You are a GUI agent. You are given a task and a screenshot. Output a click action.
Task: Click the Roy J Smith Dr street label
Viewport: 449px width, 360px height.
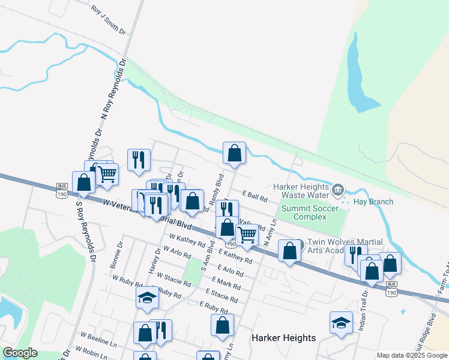click(x=109, y=20)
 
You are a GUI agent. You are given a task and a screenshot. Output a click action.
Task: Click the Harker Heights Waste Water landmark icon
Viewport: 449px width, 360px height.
click(x=338, y=190)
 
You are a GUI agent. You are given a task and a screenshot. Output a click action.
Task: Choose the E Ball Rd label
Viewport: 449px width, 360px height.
click(x=255, y=196)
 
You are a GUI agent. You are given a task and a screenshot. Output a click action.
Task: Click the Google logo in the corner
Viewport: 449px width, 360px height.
click(x=20, y=353)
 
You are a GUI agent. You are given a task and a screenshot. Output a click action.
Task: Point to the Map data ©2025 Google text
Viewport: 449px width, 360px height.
click(x=412, y=355)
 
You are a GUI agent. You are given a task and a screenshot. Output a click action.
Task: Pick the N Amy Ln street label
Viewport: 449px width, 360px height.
click(x=270, y=231)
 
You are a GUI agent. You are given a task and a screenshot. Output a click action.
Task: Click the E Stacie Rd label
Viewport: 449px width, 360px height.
click(x=221, y=295)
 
